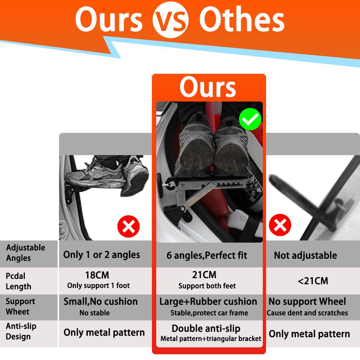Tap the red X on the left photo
click(x=129, y=227)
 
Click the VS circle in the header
click(x=170, y=21)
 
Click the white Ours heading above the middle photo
click(x=208, y=87)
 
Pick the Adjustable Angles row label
click(x=26, y=253)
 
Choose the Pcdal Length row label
click(x=19, y=281)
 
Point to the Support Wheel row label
click(x=21, y=306)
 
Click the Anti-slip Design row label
click(x=21, y=332)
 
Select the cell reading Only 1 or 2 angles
click(x=102, y=255)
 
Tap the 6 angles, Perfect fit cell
click(x=207, y=256)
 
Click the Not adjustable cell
click(x=305, y=256)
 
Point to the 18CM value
click(x=97, y=275)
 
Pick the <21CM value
click(x=313, y=281)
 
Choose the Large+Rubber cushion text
click(x=208, y=302)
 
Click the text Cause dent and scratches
click(x=307, y=313)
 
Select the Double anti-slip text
click(x=206, y=328)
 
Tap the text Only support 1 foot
click(x=98, y=285)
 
